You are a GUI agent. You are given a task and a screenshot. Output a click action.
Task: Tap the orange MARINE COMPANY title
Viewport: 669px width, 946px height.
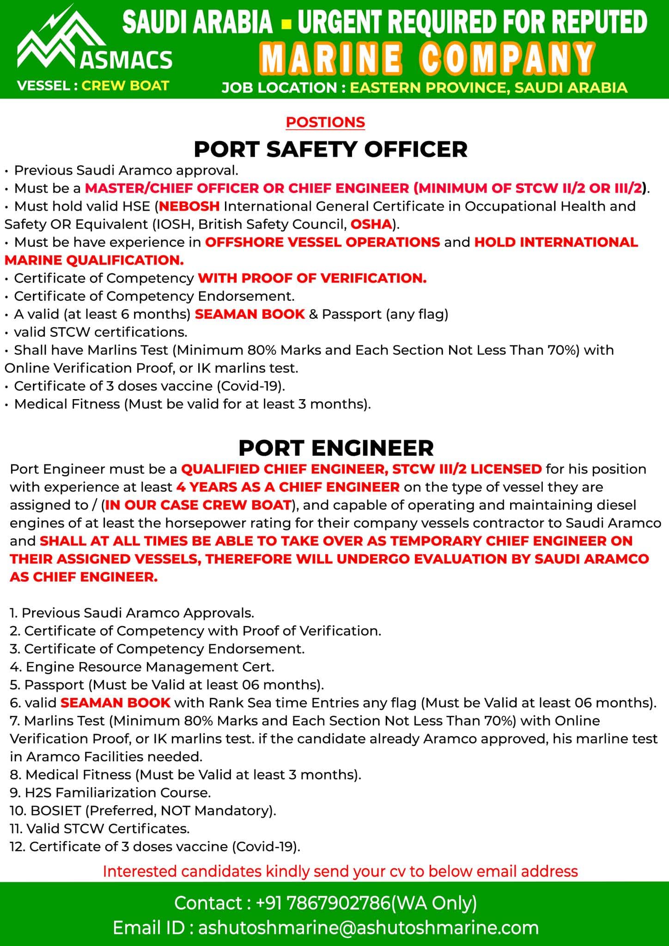click(x=427, y=59)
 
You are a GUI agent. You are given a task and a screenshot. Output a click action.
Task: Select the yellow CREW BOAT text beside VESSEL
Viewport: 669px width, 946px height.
click(x=125, y=86)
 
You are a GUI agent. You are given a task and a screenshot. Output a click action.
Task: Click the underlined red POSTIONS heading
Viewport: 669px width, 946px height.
click(x=325, y=122)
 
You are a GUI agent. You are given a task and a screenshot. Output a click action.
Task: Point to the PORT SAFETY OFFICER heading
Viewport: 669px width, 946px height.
click(x=330, y=149)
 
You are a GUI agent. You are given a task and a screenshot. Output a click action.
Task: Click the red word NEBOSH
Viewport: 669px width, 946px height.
click(x=189, y=206)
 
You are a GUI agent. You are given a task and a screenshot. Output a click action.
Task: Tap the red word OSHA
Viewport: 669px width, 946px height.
click(x=371, y=224)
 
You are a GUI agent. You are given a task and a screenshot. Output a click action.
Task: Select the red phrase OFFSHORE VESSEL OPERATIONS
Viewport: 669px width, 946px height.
click(x=322, y=242)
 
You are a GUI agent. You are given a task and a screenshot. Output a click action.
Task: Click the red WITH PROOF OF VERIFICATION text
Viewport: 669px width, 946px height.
click(x=312, y=278)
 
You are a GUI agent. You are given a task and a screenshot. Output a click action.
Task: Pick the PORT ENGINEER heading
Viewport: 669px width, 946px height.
click(x=336, y=448)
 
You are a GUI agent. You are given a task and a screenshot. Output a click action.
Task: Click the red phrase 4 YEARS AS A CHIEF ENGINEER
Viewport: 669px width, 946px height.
click(x=288, y=487)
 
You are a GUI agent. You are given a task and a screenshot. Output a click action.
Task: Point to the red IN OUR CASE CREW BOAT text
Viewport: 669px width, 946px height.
click(x=198, y=505)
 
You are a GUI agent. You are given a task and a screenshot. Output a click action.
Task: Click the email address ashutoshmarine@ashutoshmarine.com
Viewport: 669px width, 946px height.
click(x=368, y=928)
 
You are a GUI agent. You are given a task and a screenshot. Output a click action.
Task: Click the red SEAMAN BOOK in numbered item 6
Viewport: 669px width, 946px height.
click(x=116, y=703)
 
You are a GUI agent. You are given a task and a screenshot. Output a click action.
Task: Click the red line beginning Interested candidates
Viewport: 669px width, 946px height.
click(x=340, y=872)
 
